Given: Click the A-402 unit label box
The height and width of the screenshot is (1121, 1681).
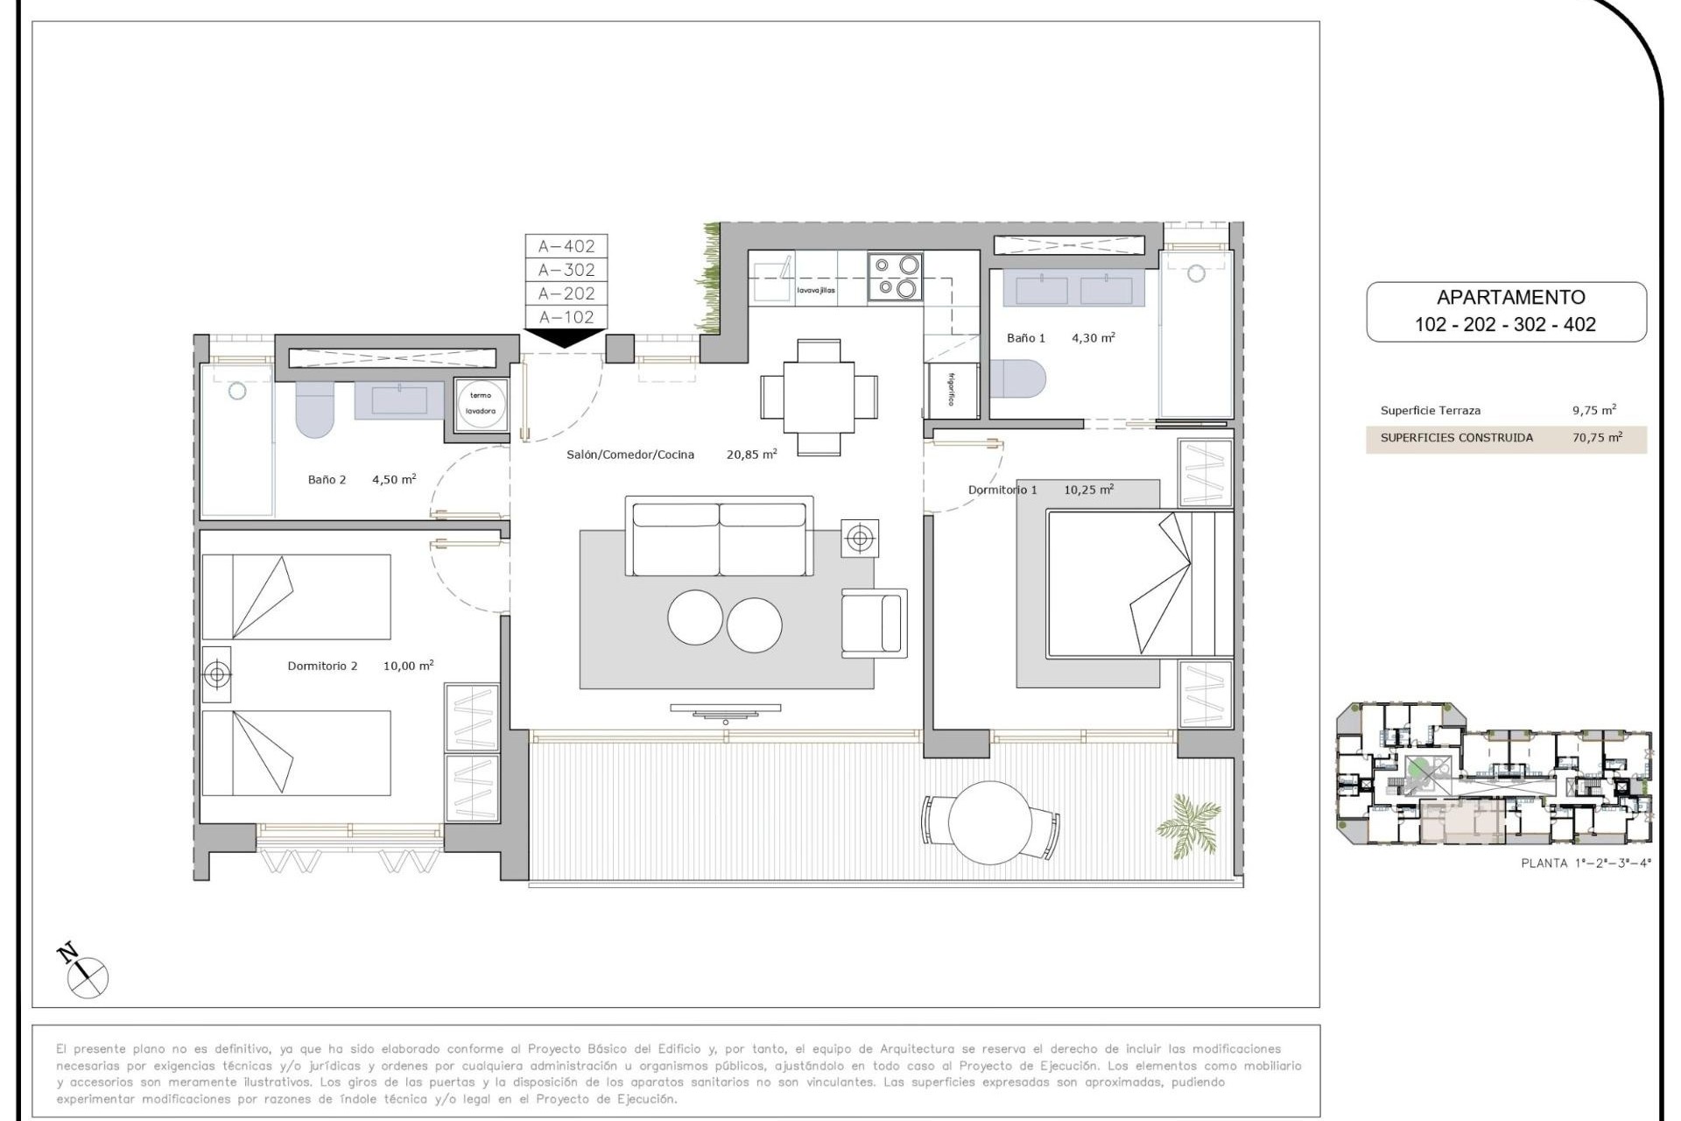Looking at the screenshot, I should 566,246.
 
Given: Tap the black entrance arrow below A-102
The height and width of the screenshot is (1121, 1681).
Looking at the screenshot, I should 566,337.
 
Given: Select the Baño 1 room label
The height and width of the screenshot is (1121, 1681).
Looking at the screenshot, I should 1025,338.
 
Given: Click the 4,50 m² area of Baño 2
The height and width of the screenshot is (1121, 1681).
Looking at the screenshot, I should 394,479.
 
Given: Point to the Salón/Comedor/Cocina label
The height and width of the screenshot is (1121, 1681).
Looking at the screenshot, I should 630,455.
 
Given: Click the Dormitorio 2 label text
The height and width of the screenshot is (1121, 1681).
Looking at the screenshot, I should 322,666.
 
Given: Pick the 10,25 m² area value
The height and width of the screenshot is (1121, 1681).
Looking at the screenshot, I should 1088,490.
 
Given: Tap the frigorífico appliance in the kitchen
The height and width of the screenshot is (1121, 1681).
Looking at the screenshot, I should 952,389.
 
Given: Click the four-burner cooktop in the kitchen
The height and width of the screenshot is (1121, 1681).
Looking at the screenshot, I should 896,277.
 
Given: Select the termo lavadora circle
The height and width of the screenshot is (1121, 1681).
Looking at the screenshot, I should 481,404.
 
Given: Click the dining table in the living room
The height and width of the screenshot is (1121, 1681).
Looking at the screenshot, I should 819,397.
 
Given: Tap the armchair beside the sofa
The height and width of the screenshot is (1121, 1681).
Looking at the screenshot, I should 873,622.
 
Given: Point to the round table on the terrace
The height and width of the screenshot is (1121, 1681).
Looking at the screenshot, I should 989,821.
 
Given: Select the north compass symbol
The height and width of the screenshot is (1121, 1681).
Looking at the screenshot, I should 86,972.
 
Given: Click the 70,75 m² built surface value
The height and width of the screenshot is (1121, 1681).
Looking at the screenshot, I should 1596,438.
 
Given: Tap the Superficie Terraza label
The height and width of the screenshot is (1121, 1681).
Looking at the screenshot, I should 1430,411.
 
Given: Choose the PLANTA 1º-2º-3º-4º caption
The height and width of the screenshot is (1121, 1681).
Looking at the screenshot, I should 1586,864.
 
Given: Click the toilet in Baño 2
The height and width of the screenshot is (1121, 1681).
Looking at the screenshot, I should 315,409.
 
